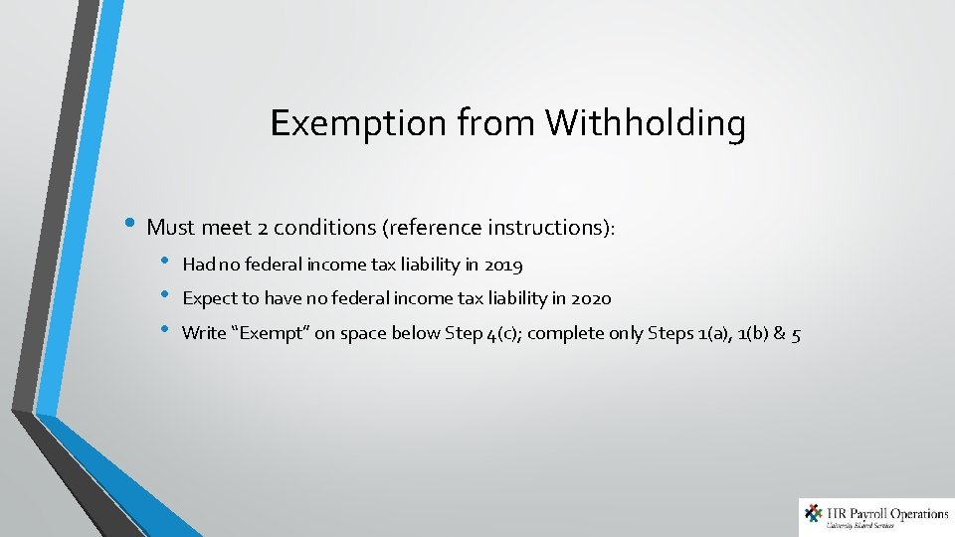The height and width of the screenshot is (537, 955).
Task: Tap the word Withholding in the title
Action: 646,123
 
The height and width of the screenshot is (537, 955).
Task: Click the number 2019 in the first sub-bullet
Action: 502,266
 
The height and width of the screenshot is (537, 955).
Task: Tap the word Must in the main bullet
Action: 170,227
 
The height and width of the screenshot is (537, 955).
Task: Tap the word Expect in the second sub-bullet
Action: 207,298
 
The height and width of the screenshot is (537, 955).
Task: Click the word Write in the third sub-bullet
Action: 205,333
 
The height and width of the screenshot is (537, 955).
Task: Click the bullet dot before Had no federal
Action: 166,264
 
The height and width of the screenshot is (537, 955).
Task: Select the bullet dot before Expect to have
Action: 166,296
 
